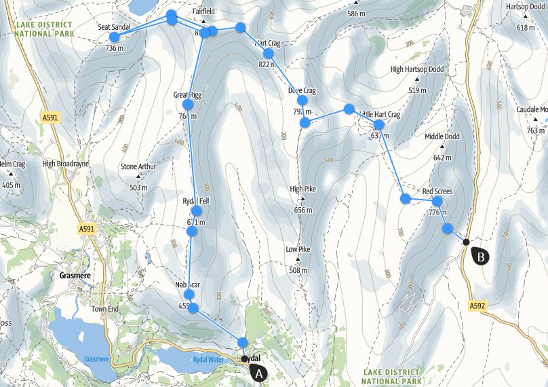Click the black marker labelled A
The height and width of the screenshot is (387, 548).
tap(257, 372)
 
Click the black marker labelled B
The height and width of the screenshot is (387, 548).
tap(480, 257)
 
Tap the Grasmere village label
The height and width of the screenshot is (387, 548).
tap(70, 276)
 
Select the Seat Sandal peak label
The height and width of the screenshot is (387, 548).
tap(114, 27)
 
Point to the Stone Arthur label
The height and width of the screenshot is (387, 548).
tap(138, 166)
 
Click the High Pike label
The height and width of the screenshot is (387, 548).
tap(303, 189)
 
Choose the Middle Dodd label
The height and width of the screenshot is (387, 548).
tap(442, 136)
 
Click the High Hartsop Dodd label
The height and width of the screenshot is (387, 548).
tap(416, 69)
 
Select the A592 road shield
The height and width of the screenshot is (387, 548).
tap(477, 306)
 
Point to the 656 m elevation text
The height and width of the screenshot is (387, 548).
tap(303, 210)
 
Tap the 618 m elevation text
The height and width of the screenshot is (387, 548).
tap(526, 28)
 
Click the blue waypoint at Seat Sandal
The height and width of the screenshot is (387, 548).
tap(114, 37)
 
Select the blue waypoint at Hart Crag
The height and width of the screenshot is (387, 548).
tap(268, 53)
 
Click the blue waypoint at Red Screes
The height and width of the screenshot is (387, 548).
tap(437, 201)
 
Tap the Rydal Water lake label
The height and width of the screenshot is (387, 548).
tap(208, 360)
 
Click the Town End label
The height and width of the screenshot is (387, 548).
tap(105, 309)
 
